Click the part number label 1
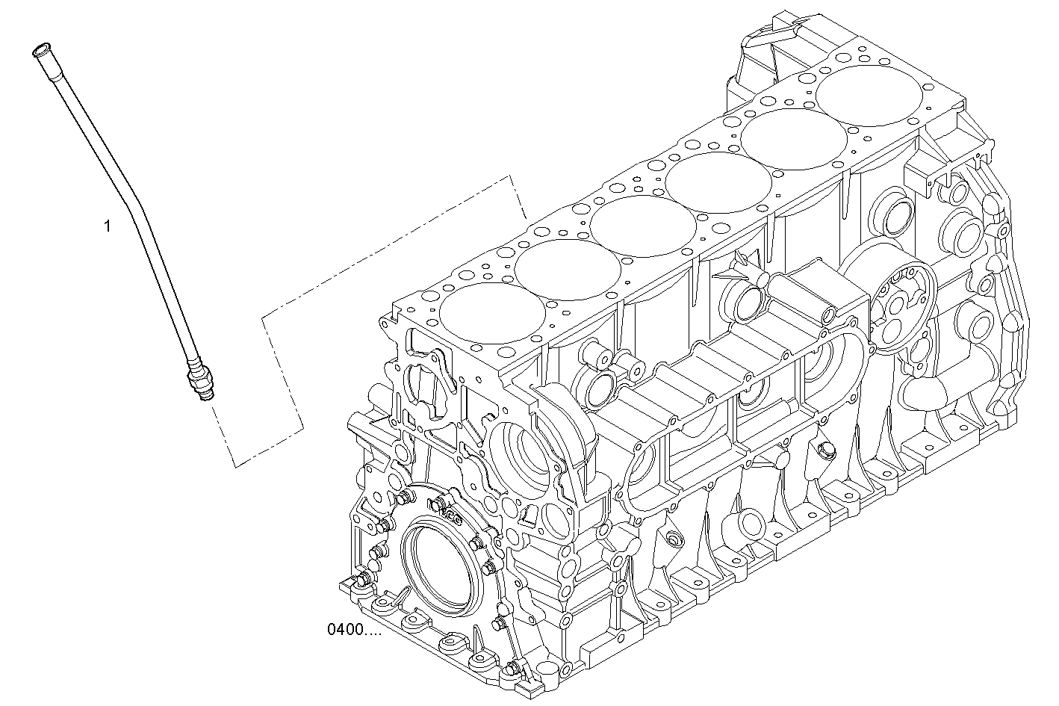coord(107,226)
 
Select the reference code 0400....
coord(353,630)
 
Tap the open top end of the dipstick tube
coord(40,52)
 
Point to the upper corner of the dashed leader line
coord(511,176)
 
